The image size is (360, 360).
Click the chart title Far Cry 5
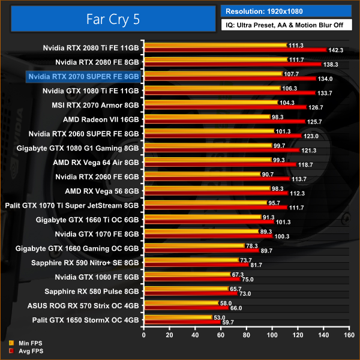[x=112, y=19]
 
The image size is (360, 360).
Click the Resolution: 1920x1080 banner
[x=286, y=11]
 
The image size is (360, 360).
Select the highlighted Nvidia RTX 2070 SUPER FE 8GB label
[x=83, y=76]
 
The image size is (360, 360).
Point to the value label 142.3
[x=337, y=50]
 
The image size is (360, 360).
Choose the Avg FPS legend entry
[x=25, y=351]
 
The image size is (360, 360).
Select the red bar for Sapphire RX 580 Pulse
[x=190, y=293]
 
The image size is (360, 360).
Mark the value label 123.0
[x=311, y=137]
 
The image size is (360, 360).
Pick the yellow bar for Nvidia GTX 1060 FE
[x=186, y=274]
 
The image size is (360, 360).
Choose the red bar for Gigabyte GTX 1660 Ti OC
[x=208, y=221]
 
